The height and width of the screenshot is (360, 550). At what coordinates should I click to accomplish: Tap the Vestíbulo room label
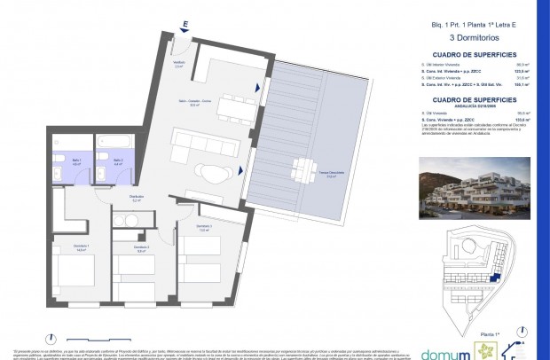click(178, 65)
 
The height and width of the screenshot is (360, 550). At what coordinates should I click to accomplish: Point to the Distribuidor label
click(137, 200)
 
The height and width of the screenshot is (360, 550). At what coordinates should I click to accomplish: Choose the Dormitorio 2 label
click(140, 249)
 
